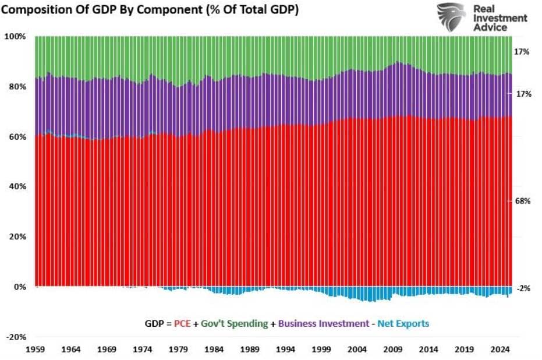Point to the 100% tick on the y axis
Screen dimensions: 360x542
click(x=17, y=37)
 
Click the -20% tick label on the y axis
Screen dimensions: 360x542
click(x=17, y=337)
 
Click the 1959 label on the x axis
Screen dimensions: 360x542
click(x=36, y=351)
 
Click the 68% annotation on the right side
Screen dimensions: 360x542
click(x=522, y=201)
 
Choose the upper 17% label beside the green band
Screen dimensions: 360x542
click(x=522, y=52)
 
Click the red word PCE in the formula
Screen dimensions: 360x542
click(x=182, y=323)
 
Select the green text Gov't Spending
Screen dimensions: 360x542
click(x=235, y=323)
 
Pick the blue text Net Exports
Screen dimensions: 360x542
click(x=403, y=323)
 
